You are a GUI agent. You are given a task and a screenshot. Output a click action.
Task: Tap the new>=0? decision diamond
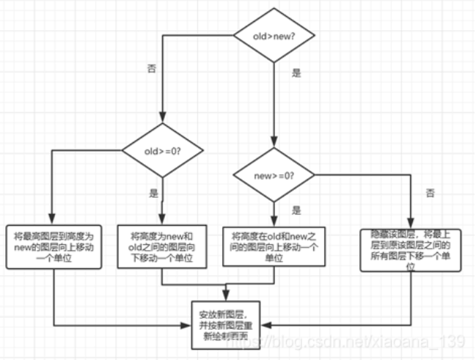274,176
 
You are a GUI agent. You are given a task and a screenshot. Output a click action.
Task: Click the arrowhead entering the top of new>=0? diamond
274,147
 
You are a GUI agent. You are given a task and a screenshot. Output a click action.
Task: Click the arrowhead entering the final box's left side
188,323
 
